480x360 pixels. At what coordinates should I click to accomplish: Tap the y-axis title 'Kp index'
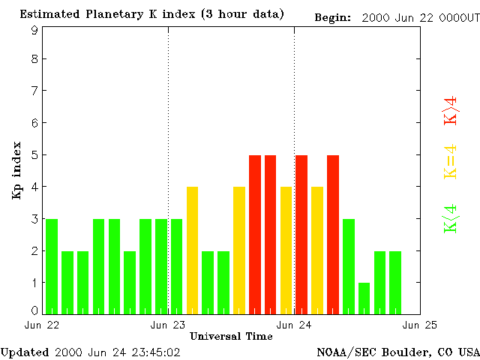tap(16, 170)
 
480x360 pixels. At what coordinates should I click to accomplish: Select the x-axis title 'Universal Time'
tap(230, 336)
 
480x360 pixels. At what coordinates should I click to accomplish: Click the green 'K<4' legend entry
tap(451, 219)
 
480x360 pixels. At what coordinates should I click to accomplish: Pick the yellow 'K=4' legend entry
tap(451, 162)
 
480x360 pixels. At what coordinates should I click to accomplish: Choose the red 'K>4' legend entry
tap(451, 110)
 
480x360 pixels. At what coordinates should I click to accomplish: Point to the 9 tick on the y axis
tap(34, 30)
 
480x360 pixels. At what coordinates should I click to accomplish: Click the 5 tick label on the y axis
tap(34, 155)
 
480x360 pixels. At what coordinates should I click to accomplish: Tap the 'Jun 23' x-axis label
tap(168, 325)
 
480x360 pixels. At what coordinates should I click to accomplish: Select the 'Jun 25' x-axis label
tap(419, 325)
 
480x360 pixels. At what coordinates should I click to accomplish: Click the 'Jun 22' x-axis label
tap(43, 325)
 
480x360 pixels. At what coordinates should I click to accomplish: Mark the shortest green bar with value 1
tap(364, 298)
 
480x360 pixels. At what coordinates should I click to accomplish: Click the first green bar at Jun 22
tap(52, 266)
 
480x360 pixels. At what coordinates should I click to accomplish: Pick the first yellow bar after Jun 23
tap(192, 250)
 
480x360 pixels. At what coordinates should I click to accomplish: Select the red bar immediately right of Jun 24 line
tap(301, 234)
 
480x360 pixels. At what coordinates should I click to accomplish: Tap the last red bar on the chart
tap(333, 234)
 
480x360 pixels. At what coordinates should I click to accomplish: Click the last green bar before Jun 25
tap(395, 282)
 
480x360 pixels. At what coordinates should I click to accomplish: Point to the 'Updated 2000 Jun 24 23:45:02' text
tap(91, 352)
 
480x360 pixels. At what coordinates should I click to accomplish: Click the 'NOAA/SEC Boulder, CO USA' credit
tap(398, 352)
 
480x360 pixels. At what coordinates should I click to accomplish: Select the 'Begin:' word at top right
tap(332, 17)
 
